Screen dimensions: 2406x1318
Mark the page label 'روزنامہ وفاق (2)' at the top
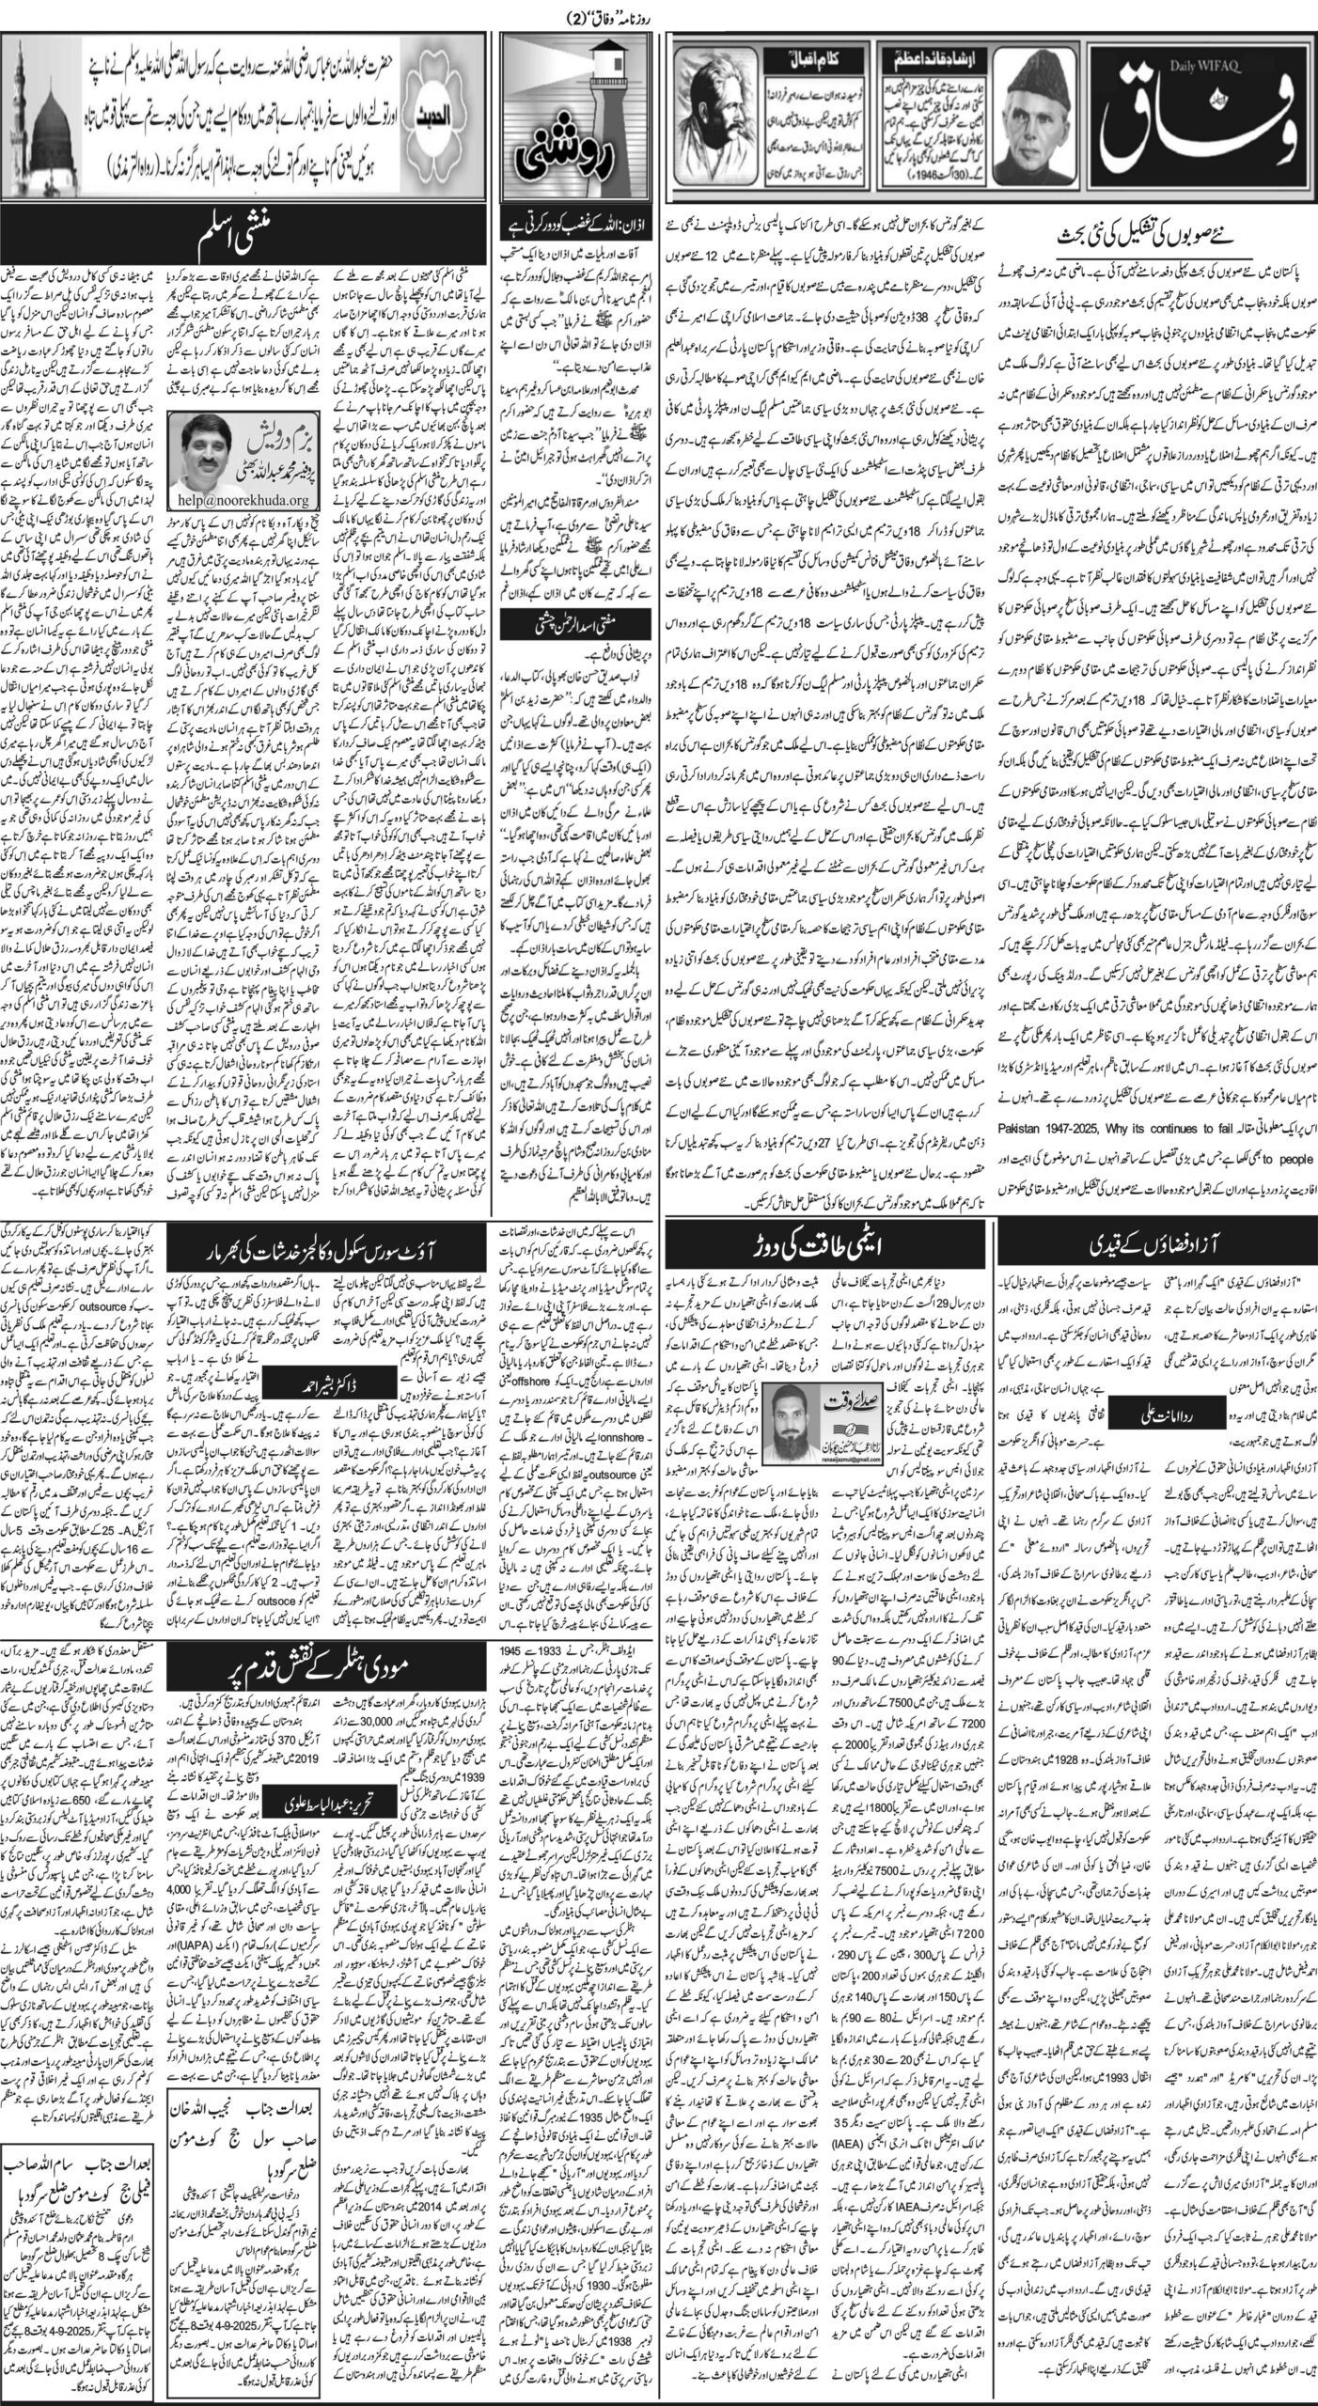(x=661, y=17)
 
